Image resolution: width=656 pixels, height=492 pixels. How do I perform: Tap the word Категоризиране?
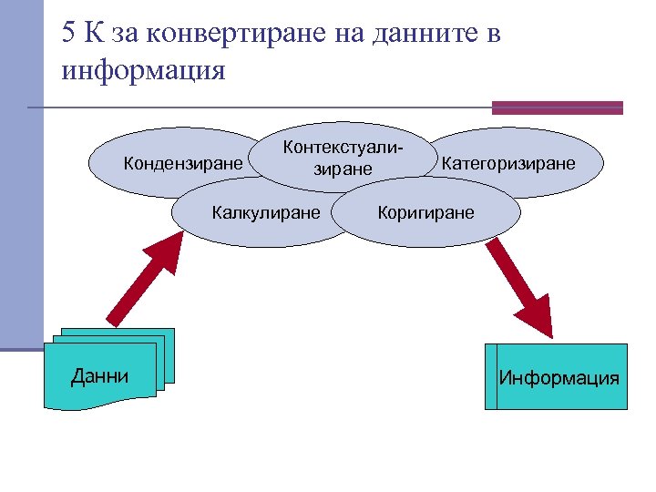[x=508, y=164]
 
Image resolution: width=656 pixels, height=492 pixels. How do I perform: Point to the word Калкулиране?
[x=266, y=213]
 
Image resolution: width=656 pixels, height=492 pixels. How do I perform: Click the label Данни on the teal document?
[x=99, y=375]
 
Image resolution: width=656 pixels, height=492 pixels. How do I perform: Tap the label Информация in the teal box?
[x=559, y=377]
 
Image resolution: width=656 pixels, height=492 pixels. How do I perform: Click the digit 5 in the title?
[x=70, y=35]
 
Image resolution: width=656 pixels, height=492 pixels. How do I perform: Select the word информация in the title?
[x=143, y=70]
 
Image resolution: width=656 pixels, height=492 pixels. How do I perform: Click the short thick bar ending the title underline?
[x=557, y=108]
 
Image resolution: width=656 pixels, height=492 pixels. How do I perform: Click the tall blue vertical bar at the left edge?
[x=21, y=173]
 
